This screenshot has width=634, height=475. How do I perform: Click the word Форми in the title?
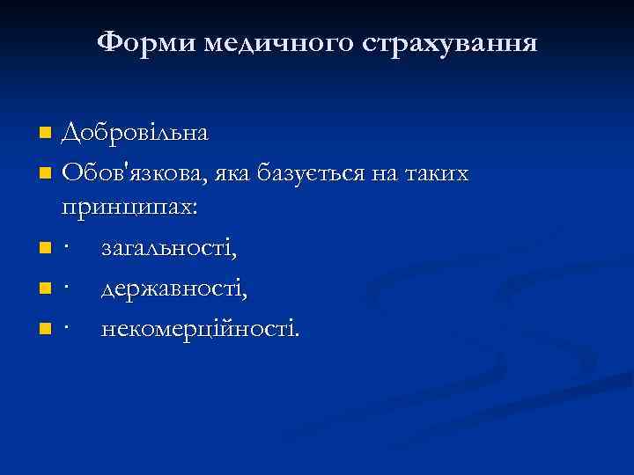146,41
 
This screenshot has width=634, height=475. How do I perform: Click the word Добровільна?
135,134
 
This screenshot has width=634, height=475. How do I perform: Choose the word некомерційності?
199,328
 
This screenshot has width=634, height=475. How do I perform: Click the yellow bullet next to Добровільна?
46,135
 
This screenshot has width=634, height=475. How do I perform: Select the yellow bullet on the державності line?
46,289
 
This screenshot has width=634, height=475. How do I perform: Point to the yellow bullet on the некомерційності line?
46,329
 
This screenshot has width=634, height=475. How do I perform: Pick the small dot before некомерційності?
67,329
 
